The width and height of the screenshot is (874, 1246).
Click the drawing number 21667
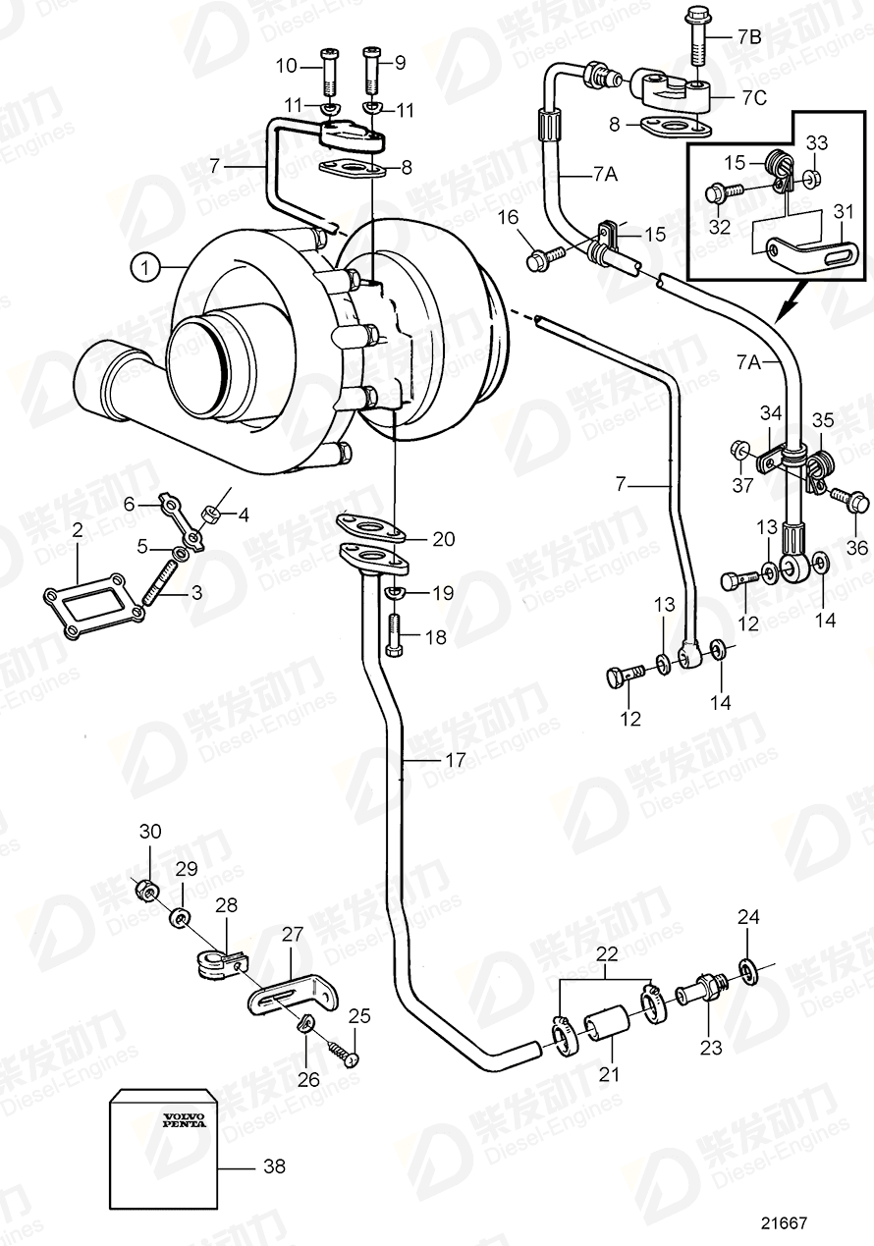(x=783, y=1223)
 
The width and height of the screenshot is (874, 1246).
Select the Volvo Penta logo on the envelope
(x=184, y=1120)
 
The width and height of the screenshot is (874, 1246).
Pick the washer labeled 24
(x=748, y=971)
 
